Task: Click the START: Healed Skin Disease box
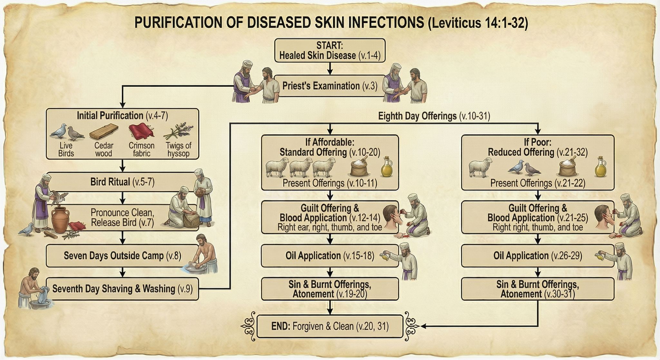point(330,50)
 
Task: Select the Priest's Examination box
point(330,86)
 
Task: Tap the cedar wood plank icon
point(103,131)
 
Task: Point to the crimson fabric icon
point(141,131)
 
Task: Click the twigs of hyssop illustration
point(178,132)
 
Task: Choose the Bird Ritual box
point(122,182)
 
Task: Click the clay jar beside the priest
point(60,219)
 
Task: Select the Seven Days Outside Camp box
point(122,256)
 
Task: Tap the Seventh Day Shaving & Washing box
point(122,289)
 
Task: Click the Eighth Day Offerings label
point(434,116)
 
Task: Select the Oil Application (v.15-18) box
point(330,256)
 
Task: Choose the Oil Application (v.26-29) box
point(538,256)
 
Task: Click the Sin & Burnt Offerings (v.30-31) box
point(538,289)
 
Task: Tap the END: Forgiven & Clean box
point(330,326)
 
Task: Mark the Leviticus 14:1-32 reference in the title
point(478,23)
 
